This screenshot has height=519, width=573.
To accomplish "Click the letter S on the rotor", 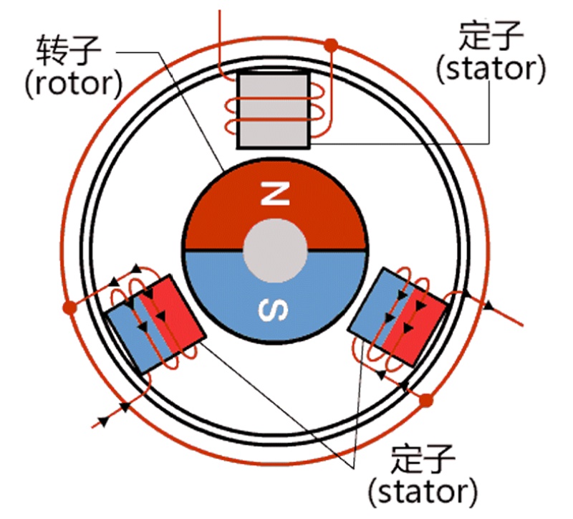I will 275,310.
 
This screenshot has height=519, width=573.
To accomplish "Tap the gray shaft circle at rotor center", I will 276,251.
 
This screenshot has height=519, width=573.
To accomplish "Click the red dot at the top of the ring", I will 331,45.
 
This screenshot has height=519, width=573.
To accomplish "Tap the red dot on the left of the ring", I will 69,308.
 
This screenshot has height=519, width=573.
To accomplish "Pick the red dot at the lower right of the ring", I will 427,399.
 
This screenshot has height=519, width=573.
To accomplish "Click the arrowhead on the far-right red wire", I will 490,305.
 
